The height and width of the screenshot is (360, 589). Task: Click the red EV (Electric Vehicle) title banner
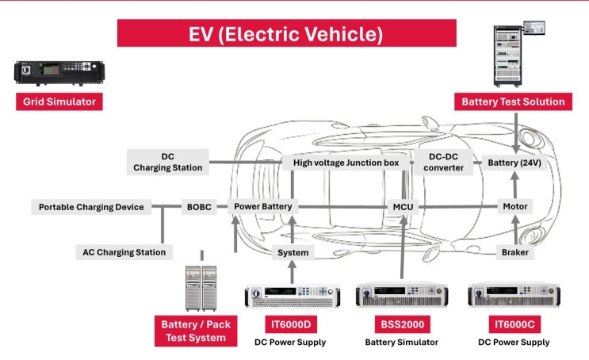(x=287, y=33)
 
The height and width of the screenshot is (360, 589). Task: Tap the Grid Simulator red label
(x=59, y=101)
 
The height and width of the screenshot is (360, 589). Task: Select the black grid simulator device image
(x=59, y=72)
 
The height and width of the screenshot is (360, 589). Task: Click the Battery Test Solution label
(x=513, y=101)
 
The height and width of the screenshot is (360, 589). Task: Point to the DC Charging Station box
(x=168, y=162)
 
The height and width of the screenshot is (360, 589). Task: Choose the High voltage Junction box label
(x=346, y=163)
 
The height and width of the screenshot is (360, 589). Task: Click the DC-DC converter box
(x=443, y=162)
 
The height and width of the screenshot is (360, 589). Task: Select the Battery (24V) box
(x=514, y=163)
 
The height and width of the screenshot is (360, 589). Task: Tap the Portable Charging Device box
(x=91, y=207)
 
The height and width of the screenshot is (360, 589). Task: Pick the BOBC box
(x=199, y=207)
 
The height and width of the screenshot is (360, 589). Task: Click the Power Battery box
(x=263, y=206)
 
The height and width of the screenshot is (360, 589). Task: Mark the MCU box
(x=403, y=207)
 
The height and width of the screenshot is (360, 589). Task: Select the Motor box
(x=515, y=206)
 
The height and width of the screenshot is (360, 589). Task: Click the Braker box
(x=515, y=252)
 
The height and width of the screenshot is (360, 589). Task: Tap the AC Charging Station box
(x=124, y=252)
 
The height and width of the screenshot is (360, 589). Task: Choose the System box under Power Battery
(x=293, y=252)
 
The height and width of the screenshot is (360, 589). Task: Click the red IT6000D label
(x=291, y=324)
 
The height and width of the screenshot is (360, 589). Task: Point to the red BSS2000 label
(x=402, y=324)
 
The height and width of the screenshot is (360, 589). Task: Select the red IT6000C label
(x=514, y=324)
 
